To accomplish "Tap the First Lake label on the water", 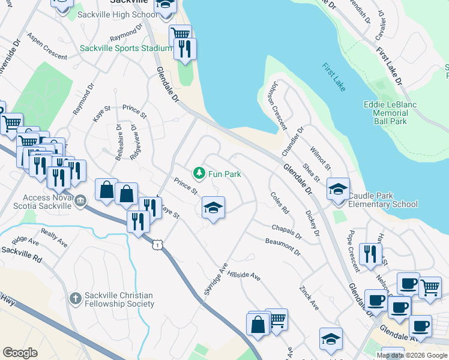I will coord(333,77).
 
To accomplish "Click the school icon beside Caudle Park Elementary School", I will coord(338,189).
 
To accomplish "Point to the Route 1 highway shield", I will coord(157,245).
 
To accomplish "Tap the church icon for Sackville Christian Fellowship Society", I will coord(75,298).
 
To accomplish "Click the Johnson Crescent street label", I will coord(277,106).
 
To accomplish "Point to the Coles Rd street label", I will coord(280,203).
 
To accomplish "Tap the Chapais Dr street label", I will coord(286,232).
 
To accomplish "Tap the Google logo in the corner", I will coord(20,353).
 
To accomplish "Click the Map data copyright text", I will coord(412,355).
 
